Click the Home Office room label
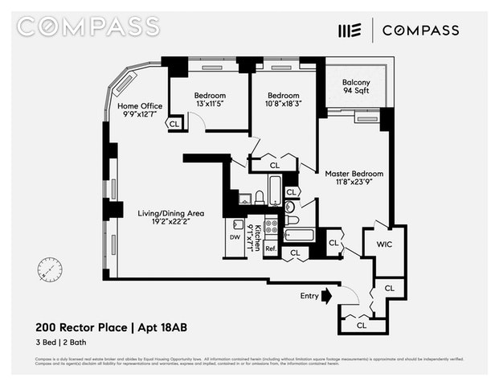click(x=140, y=106)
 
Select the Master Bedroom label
click(x=354, y=174)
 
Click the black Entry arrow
click(x=326, y=296)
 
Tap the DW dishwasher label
click(x=235, y=238)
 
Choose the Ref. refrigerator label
click(x=272, y=248)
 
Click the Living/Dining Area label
click(x=170, y=213)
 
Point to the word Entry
click(x=309, y=296)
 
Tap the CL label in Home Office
click(x=174, y=124)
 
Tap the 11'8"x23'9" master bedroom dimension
click(x=354, y=184)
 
